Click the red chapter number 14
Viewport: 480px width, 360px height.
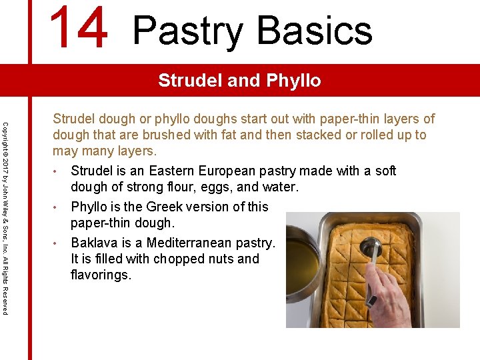[78, 28]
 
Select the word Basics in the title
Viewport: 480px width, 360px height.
[314, 31]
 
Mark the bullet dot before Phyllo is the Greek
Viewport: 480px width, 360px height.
[57, 207]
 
